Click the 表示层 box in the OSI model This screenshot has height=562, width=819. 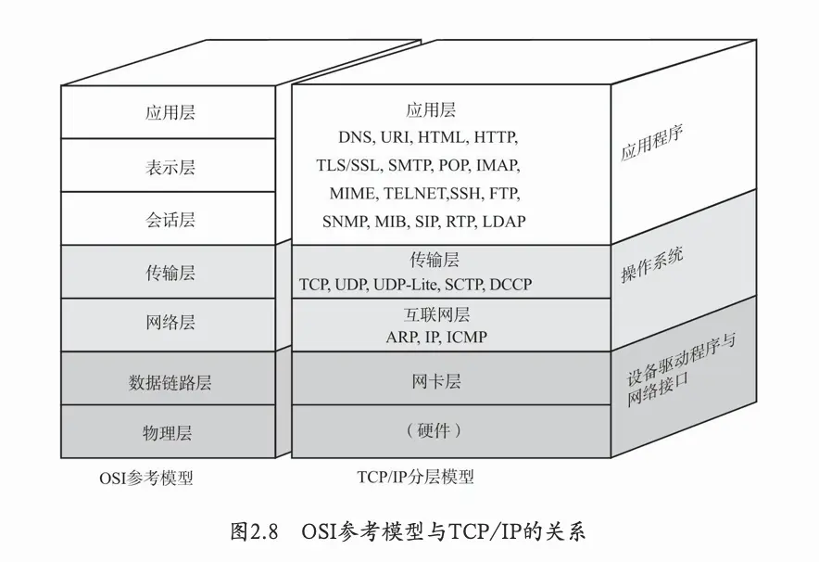pyautogui.click(x=170, y=167)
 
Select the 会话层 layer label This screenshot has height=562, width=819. pyautogui.click(x=170, y=220)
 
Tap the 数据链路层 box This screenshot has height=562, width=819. pyautogui.click(x=170, y=381)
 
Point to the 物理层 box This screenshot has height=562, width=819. pyautogui.click(x=170, y=432)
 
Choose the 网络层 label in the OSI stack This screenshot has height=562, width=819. pyautogui.click(x=170, y=323)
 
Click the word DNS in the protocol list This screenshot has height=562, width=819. pyautogui.click(x=355, y=137)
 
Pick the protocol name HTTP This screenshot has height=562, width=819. pyautogui.click(x=496, y=137)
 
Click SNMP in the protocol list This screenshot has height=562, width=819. pyautogui.click(x=345, y=222)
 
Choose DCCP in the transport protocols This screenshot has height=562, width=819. pyautogui.click(x=510, y=284)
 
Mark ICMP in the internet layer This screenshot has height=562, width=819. pyautogui.click(x=466, y=337)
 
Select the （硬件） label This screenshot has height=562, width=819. pyautogui.click(x=434, y=431)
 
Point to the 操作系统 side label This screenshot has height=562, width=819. pyautogui.click(x=652, y=264)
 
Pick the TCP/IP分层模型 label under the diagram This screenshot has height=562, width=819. pyautogui.click(x=415, y=478)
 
